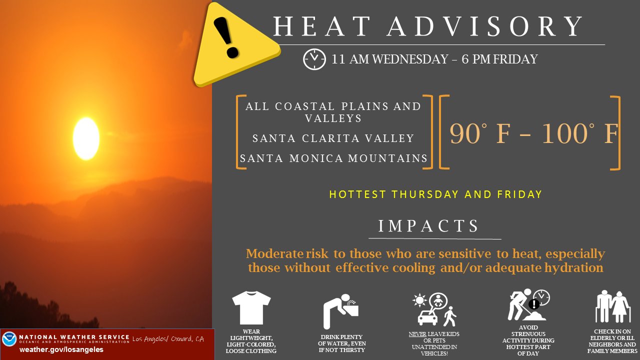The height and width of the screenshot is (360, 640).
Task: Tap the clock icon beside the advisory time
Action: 314,59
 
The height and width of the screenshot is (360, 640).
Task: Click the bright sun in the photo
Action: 86,138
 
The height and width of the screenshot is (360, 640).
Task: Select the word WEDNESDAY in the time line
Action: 410,59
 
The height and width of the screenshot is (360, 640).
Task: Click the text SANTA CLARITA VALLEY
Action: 333,138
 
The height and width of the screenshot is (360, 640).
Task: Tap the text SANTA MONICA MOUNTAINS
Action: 333,158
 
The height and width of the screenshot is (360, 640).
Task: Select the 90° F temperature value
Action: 480,133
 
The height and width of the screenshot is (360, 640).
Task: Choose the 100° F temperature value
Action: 580,133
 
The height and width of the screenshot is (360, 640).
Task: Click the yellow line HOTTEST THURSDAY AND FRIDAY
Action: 435,194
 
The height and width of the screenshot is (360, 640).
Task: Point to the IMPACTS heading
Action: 428,226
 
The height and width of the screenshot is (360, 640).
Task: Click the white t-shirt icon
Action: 251,307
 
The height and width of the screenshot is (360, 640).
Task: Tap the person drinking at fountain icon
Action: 341,311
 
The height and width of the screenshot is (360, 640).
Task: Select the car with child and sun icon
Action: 434,309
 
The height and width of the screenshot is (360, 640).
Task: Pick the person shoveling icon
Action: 528,304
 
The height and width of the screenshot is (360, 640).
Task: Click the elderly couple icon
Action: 613,306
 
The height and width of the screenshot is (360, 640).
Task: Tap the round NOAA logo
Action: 9,339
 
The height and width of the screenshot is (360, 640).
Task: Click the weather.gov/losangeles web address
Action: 61,349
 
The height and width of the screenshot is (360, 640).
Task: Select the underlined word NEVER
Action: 417,334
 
